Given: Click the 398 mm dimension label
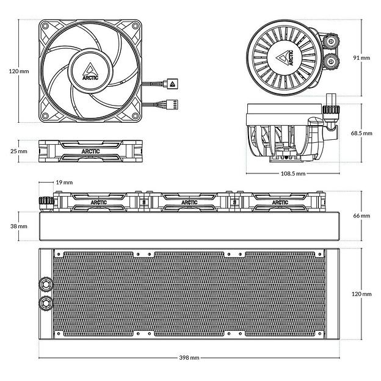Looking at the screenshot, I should click(x=190, y=357).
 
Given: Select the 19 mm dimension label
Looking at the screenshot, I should click(x=64, y=182).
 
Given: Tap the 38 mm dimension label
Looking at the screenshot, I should click(x=19, y=225).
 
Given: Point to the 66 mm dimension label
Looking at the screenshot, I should click(x=361, y=216).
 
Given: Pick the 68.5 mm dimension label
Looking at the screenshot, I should click(x=361, y=132).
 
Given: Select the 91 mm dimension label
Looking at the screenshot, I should click(x=361, y=57).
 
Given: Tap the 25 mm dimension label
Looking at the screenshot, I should click(x=19, y=151).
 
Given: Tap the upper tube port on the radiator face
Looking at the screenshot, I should click(x=45, y=284).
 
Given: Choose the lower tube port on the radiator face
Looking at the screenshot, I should click(x=45, y=303).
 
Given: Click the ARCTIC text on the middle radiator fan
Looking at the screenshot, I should click(x=190, y=203).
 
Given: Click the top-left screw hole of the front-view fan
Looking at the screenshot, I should click(x=45, y=26).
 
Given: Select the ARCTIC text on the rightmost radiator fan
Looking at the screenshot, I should click(x=280, y=203).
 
